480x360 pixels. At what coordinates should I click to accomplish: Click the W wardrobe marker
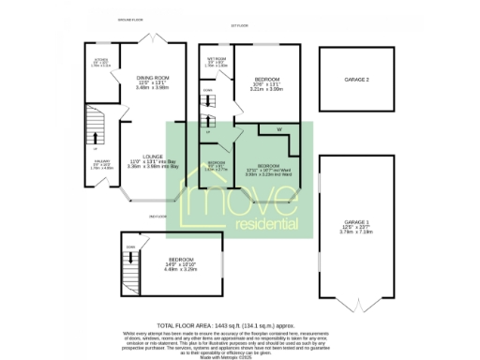pos(278,129)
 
